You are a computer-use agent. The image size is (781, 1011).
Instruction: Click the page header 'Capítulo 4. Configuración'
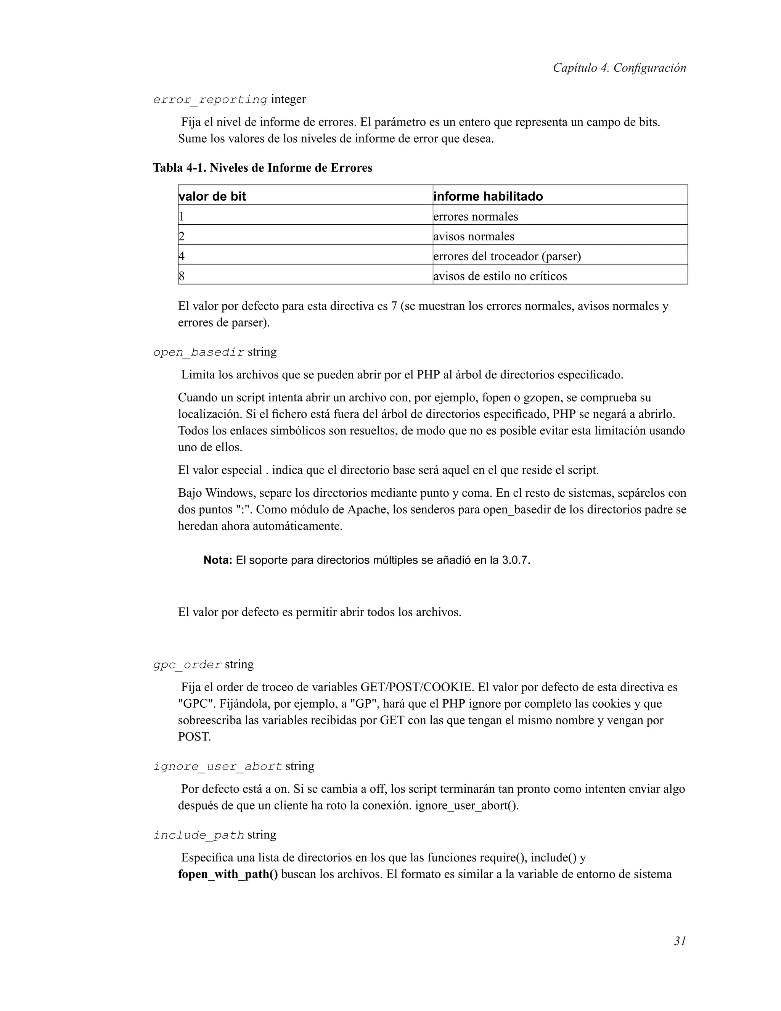pos(619,68)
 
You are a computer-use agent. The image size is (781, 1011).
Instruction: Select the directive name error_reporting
pos(210,100)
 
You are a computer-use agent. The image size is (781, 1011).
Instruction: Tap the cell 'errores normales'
pos(476,217)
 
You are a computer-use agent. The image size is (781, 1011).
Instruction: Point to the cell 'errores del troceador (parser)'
pos(507,256)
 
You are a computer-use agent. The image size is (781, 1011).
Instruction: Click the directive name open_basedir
pos(198,352)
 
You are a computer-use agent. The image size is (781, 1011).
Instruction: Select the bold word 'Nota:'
pos(217,560)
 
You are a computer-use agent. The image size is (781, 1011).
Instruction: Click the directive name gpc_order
pos(187,665)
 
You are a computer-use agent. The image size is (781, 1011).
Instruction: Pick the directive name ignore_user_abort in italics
pos(217,766)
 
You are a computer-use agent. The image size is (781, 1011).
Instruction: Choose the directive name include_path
pos(198,835)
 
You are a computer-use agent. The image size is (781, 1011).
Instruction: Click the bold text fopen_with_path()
pos(228,874)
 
